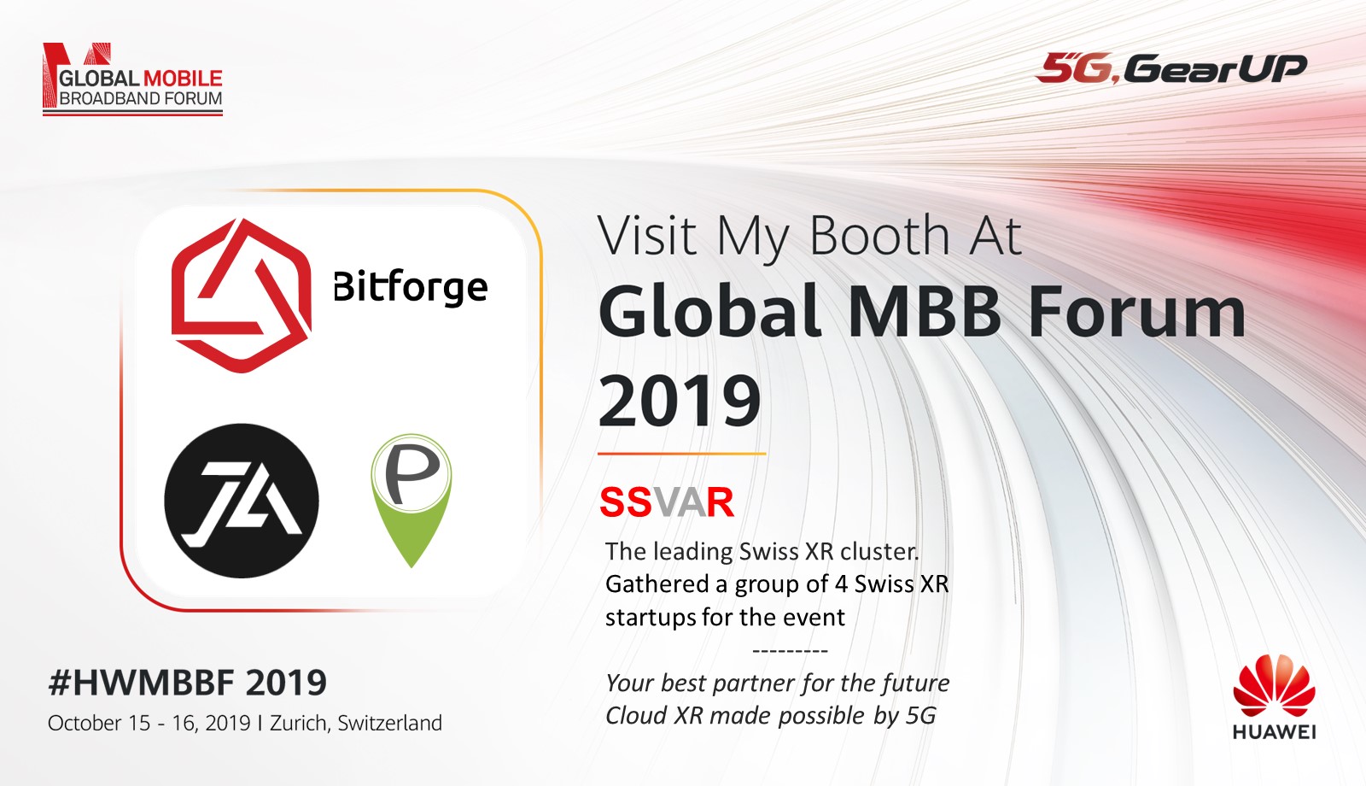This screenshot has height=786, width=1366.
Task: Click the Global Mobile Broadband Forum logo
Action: tap(132, 79)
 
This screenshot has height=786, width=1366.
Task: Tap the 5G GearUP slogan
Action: tap(1171, 68)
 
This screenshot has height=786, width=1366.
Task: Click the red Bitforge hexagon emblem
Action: tap(242, 295)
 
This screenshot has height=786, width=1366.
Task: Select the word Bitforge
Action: tap(411, 286)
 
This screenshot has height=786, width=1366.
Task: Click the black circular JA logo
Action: tap(242, 501)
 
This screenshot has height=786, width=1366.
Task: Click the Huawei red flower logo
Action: tap(1274, 686)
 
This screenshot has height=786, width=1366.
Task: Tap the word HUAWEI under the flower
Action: tap(1274, 731)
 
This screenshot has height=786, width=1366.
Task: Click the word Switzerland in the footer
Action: tap(389, 723)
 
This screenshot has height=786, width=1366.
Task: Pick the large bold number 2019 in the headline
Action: tap(680, 401)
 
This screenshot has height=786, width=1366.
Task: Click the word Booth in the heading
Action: tap(879, 236)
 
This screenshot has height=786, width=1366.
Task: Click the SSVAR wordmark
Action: tap(667, 502)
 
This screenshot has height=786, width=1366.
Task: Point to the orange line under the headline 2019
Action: tap(682, 454)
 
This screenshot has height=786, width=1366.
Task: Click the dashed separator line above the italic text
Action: tap(791, 651)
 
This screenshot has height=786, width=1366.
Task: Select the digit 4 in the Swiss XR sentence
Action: tap(841, 584)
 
